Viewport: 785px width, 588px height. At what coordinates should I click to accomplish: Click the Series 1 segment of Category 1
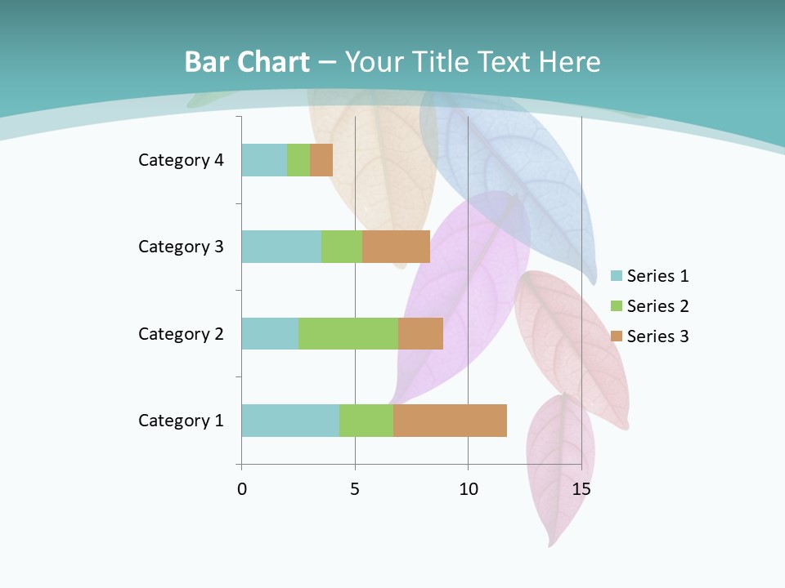[x=290, y=421]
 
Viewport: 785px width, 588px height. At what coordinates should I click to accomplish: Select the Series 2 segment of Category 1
[x=366, y=421]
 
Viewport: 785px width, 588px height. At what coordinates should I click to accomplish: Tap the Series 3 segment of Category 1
[x=450, y=421]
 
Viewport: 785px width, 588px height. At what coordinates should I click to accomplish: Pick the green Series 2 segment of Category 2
[x=348, y=333]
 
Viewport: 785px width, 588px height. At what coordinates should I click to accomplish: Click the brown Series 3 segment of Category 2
[x=420, y=333]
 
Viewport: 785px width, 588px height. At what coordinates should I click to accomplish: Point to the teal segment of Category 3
[x=281, y=247]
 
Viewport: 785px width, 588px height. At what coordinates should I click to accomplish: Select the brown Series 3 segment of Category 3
[x=396, y=247]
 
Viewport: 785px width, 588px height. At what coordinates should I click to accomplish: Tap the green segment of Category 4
[x=298, y=160]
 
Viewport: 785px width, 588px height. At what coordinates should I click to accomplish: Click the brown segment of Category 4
[x=321, y=160]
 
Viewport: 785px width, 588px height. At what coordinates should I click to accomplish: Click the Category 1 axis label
[x=181, y=421]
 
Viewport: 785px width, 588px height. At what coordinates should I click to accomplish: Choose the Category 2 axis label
[x=181, y=333]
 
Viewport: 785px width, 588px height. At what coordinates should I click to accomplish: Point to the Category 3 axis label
[x=181, y=247]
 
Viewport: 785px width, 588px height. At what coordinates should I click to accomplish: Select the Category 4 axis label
[x=181, y=160]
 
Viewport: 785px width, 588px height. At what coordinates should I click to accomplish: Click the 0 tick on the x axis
[x=242, y=490]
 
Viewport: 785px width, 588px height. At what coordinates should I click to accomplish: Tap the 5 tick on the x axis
[x=355, y=490]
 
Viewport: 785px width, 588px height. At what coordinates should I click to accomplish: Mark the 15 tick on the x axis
[x=581, y=490]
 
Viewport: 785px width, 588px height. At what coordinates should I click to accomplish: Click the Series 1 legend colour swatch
[x=617, y=276]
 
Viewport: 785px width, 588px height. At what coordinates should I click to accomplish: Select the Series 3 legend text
[x=657, y=336]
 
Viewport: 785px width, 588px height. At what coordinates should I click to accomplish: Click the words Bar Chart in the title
[x=247, y=62]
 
